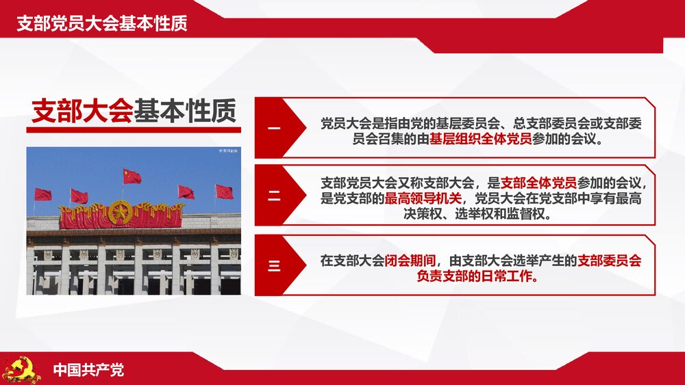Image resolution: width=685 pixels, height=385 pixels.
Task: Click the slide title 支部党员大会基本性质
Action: [x=102, y=23]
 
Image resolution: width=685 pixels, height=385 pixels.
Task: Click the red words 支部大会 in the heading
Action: [x=82, y=111]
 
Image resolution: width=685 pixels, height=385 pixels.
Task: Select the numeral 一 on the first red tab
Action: [x=274, y=129]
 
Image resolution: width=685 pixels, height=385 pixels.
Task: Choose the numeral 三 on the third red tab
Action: [x=274, y=265]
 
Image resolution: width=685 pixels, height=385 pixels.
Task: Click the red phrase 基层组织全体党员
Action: [x=481, y=140]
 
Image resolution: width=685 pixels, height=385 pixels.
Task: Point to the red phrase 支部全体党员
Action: [x=538, y=183]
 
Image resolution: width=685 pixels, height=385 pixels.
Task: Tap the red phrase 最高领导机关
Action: [x=423, y=199]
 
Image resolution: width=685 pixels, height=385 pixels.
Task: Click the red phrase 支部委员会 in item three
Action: [x=609, y=261]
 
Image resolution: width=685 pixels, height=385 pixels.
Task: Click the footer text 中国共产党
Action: [x=89, y=371]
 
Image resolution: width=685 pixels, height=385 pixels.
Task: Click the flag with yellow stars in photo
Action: [x=132, y=176]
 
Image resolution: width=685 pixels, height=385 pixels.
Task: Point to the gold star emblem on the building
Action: [x=121, y=213]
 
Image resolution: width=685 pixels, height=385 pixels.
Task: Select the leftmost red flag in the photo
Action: [x=43, y=194]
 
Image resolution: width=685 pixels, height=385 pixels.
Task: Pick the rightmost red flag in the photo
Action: [x=224, y=191]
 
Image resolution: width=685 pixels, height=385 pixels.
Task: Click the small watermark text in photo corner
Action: [x=228, y=150]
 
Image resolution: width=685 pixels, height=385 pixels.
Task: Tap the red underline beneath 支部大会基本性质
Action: [x=136, y=130]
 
